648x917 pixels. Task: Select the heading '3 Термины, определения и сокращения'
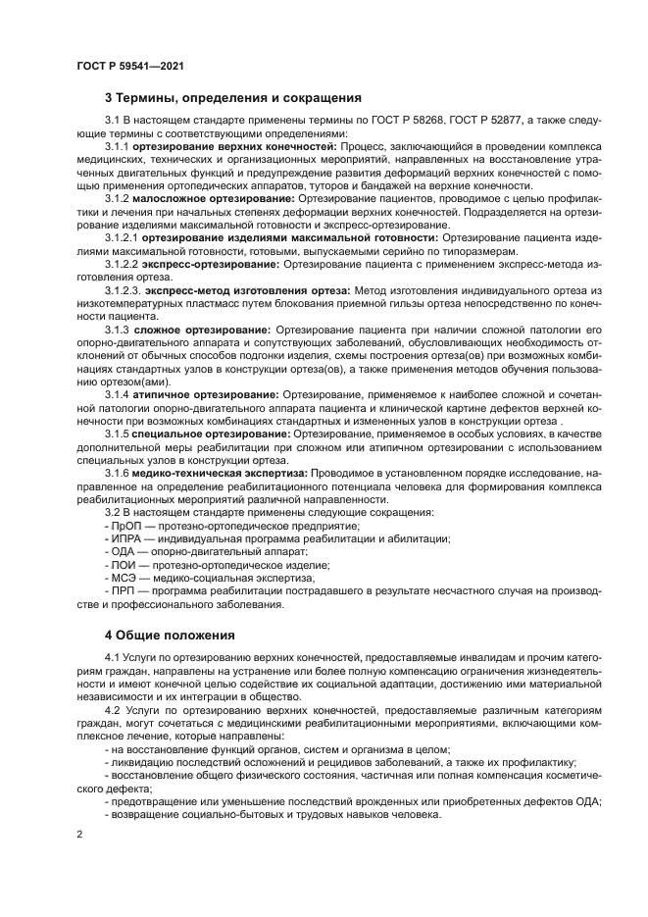coord(233,98)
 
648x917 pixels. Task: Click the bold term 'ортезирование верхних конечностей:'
coord(235,146)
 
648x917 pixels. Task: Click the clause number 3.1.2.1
coord(123,237)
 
